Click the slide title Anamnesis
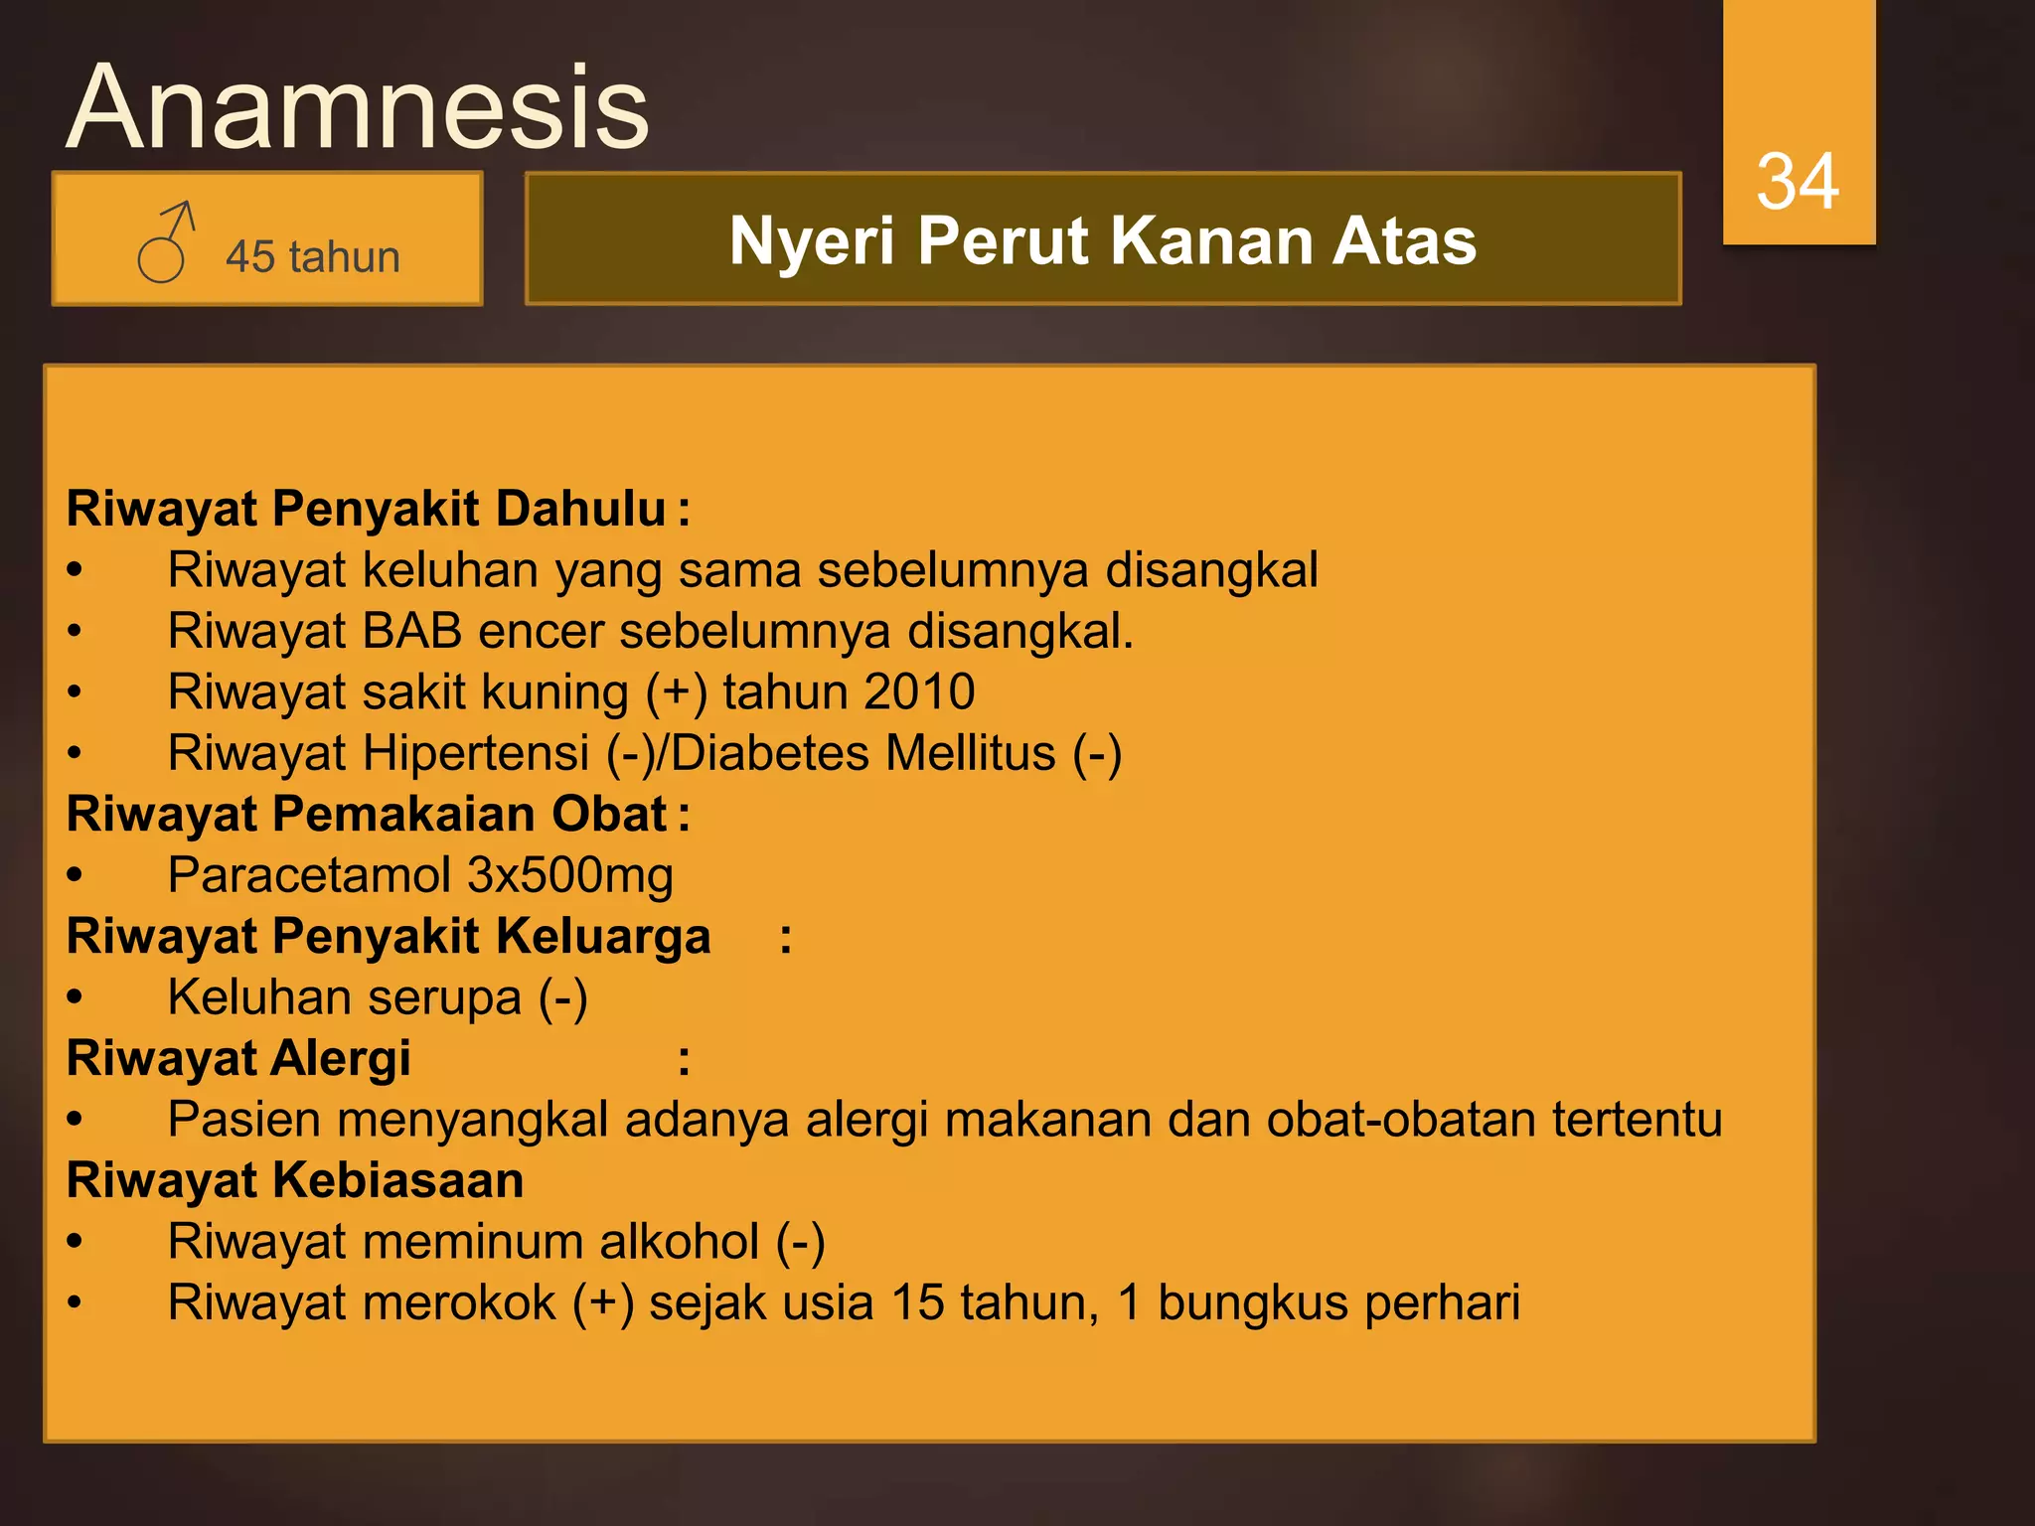coord(358,106)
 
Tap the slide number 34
coord(1797,182)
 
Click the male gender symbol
coord(165,242)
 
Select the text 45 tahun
coord(312,257)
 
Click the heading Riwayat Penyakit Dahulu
coord(366,509)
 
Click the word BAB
coord(412,631)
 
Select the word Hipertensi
coord(477,753)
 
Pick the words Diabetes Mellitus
coord(862,753)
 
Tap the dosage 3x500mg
coord(570,875)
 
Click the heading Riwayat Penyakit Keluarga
coord(388,937)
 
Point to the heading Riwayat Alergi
coord(238,1058)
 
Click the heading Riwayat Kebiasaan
coord(295,1181)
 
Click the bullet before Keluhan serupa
coord(76,998)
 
